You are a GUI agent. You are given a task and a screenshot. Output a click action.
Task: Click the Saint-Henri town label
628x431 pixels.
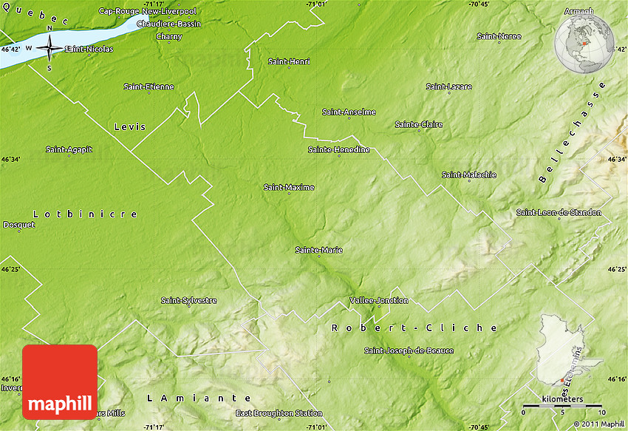coord(289,61)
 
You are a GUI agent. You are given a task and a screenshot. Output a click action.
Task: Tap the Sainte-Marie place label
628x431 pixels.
coord(318,250)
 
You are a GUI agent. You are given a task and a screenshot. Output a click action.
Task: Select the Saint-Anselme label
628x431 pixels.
coord(349,112)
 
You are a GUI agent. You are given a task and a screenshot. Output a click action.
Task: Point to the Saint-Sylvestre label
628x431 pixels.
coord(189,300)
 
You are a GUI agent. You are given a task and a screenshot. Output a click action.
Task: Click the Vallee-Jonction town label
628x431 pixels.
coord(378,300)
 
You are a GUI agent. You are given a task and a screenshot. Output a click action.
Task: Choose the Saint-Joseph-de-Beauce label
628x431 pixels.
coord(409,350)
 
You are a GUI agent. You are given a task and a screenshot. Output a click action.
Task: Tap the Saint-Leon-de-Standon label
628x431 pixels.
coord(559,212)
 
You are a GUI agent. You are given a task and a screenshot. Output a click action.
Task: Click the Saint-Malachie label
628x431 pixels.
coord(469,175)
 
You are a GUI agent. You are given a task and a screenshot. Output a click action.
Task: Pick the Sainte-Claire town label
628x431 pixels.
coord(419,124)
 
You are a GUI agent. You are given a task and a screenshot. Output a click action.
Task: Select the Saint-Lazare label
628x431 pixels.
coord(448,86)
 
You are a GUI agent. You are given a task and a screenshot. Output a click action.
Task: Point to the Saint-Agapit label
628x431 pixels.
coord(69,149)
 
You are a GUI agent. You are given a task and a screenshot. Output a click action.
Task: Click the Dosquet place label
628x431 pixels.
coord(19,225)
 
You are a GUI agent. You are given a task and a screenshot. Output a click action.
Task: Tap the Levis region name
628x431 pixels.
coord(130,127)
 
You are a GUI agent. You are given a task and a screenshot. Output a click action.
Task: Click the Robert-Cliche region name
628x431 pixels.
coord(414,328)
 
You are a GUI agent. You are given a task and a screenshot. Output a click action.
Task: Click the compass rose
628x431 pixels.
coord(50,49)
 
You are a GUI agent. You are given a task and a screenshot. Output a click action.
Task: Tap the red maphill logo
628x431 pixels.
coord(60,381)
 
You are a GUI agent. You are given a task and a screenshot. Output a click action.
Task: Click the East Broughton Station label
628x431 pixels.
coord(279,413)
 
